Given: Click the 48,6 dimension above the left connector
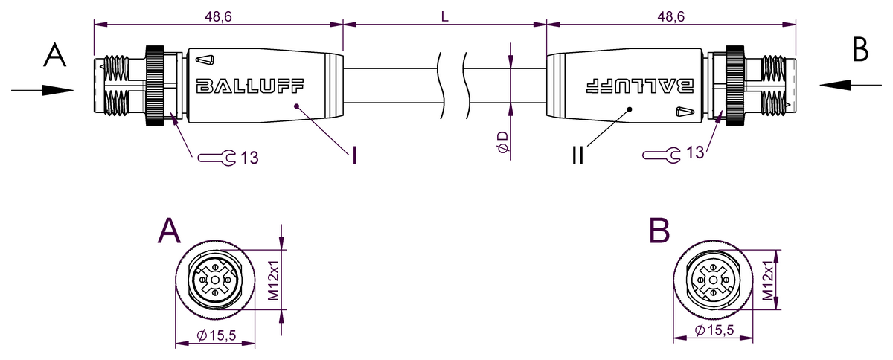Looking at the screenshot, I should click(x=214, y=15).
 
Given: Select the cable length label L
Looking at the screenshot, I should click(x=444, y=16).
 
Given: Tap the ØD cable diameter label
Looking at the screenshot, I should click(x=503, y=142).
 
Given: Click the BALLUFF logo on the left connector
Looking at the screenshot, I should click(x=249, y=86).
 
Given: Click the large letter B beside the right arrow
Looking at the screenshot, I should click(x=860, y=50).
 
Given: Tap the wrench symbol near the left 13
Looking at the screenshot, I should click(x=217, y=157).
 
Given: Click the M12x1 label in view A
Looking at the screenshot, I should click(x=272, y=281).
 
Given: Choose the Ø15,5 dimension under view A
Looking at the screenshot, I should click(x=216, y=336).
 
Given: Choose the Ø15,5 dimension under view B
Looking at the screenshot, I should click(x=714, y=330).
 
